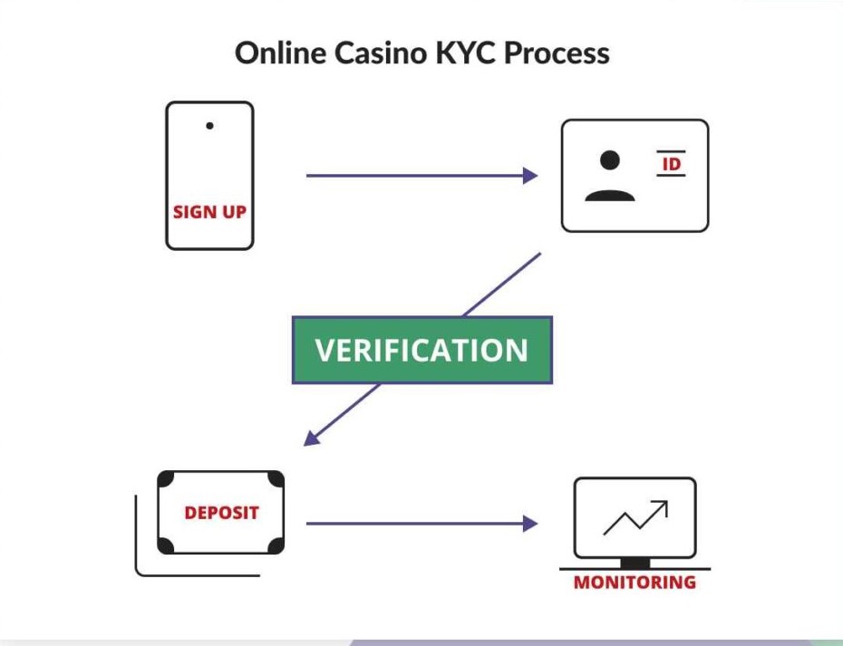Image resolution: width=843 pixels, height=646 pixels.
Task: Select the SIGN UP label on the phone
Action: click(x=209, y=212)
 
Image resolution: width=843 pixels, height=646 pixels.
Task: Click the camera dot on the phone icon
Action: click(x=209, y=126)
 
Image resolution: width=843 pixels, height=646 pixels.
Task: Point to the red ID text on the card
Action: click(x=671, y=164)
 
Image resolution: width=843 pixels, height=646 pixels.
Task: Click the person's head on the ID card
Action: click(x=610, y=159)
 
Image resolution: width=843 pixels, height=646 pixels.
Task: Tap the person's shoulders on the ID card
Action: click(x=609, y=193)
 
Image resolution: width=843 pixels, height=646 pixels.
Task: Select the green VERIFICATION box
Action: click(x=421, y=351)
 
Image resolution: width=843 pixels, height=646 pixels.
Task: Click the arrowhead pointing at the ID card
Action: click(x=531, y=176)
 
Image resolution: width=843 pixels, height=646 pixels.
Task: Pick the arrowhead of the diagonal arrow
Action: click(x=311, y=438)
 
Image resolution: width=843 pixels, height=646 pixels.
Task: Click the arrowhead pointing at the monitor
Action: click(x=531, y=523)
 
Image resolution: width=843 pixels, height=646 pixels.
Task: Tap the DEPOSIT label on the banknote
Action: click(x=221, y=513)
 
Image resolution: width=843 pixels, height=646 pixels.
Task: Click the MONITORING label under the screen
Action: click(x=635, y=583)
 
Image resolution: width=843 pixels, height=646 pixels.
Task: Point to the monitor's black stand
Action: click(x=635, y=563)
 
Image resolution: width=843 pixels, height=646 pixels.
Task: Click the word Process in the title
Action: click(x=556, y=53)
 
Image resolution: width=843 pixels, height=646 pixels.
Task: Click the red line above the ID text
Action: click(x=671, y=151)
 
